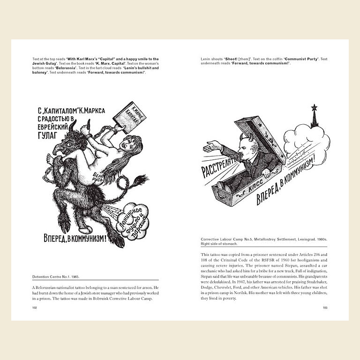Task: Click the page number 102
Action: click(x=35, y=308)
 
